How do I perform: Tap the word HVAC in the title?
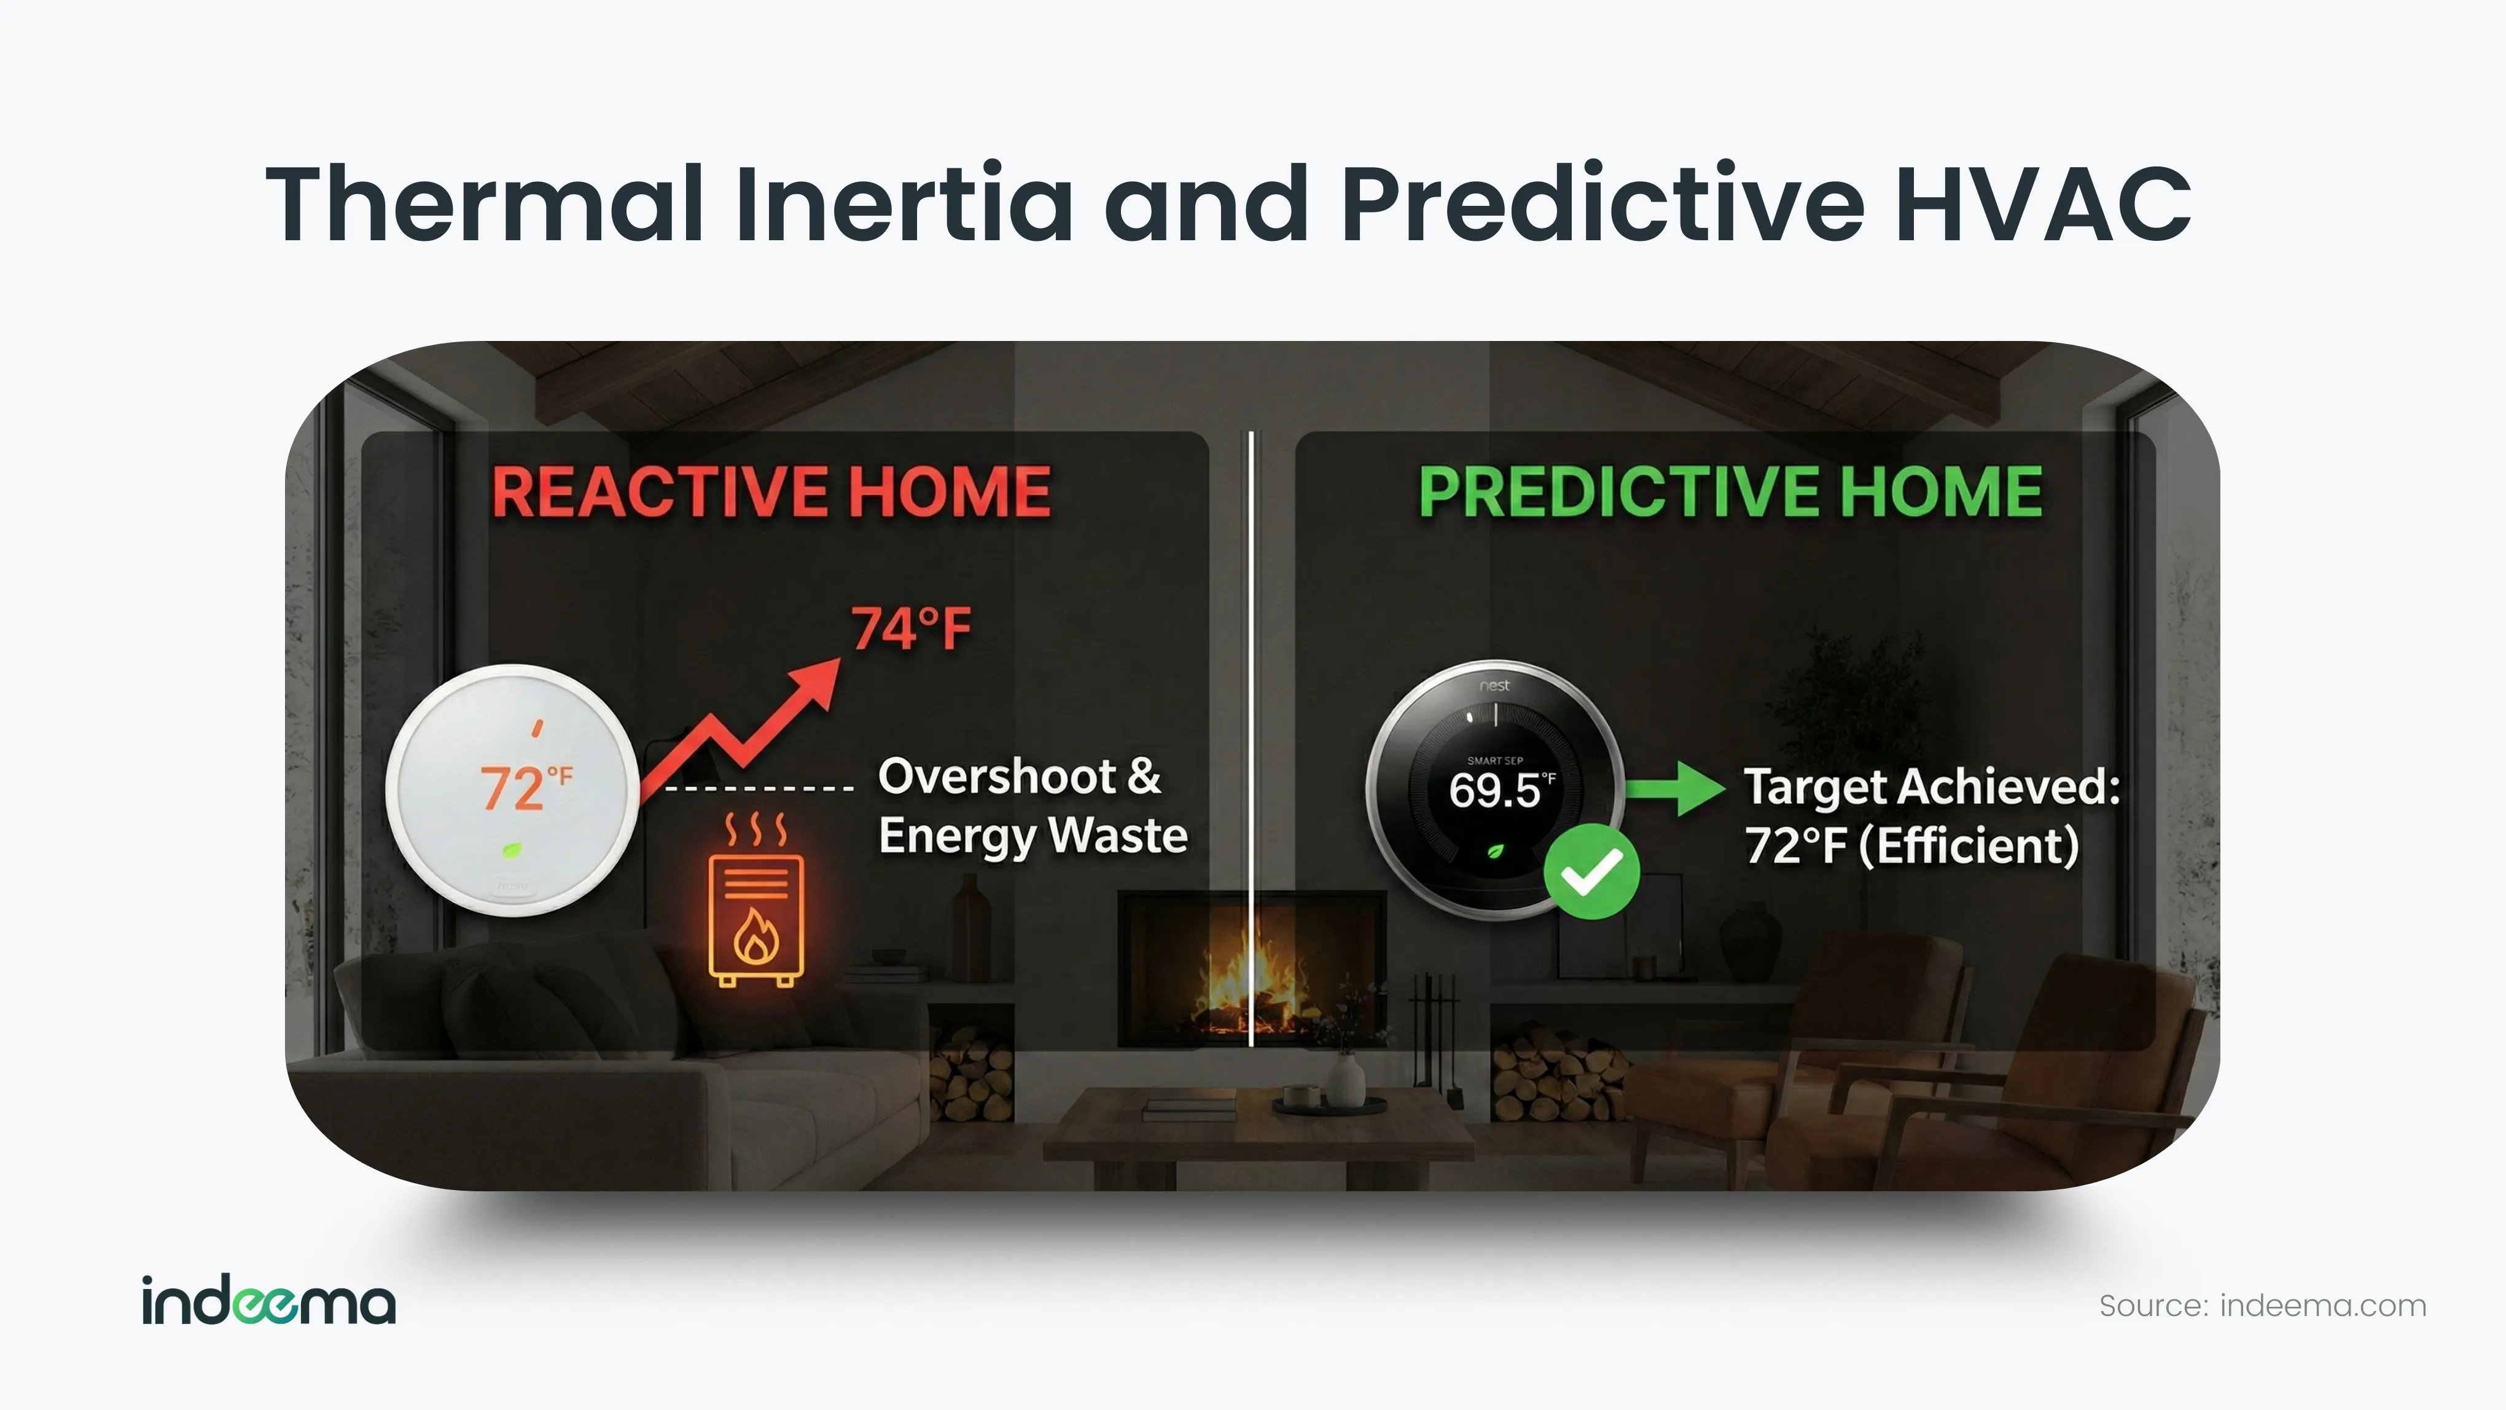pyautogui.click(x=2043, y=205)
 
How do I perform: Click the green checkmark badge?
pyautogui.click(x=1591, y=871)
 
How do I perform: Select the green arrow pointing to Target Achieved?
pyautogui.click(x=1675, y=788)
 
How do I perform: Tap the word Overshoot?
pyautogui.click(x=997, y=777)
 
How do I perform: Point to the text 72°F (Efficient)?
pyautogui.click(x=1911, y=845)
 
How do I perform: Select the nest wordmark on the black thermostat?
pyautogui.click(x=1494, y=686)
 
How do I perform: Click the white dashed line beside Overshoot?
pyautogui.click(x=759, y=788)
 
